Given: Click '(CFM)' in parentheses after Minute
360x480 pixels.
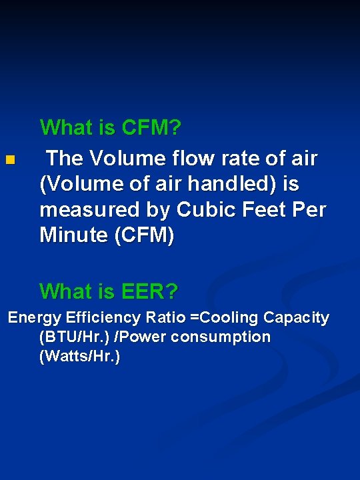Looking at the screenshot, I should coord(147,235).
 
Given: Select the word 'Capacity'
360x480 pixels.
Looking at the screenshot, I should coord(297,317).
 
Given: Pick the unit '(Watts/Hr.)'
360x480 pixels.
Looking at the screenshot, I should coord(80,357).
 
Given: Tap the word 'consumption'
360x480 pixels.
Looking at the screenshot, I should coord(221,337).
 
